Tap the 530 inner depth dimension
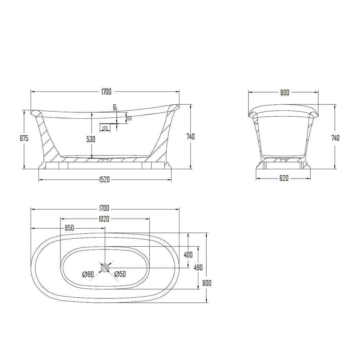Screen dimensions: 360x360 pos(91,139)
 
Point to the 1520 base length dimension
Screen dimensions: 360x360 pos(104,180)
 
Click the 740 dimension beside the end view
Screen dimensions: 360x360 pos(335,138)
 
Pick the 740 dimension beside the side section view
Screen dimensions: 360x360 pos(190,137)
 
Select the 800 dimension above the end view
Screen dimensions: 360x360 pos(284,93)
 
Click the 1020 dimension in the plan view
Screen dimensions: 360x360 pos(104,219)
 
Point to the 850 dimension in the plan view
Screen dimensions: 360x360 pos(69,228)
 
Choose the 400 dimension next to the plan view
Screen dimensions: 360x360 pos(188,255)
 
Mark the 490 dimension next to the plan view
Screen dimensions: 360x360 pos(198,267)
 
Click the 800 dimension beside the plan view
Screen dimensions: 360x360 pos(207,283)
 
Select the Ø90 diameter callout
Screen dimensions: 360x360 pos(88,274)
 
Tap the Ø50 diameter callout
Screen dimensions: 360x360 pos(120,274)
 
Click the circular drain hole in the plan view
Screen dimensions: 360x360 pos(105,268)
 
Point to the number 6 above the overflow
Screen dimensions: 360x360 pos(115,107)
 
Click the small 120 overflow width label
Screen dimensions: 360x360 pos(105,128)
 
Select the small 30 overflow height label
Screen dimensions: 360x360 pos(129,118)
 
